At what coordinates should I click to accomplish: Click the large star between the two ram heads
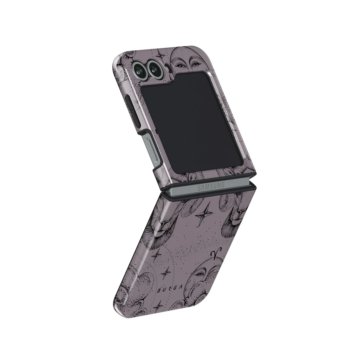[x=203, y=214]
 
